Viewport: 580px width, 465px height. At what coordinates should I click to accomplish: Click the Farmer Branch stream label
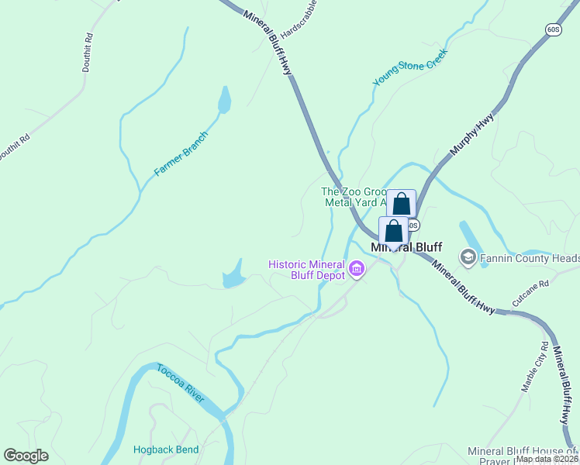point(181,153)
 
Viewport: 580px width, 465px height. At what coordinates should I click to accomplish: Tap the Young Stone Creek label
point(410,67)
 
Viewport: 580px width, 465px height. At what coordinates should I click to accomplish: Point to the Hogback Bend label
point(166,449)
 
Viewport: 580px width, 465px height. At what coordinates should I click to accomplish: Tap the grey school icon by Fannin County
point(468,257)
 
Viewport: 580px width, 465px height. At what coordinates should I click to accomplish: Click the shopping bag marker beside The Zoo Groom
point(401,204)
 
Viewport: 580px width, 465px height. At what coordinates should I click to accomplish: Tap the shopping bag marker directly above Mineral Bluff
point(394,231)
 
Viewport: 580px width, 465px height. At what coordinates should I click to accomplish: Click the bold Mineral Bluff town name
point(406,247)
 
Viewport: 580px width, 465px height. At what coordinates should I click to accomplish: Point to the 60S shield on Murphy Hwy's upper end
point(552,29)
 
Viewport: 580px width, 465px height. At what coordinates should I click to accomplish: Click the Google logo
point(26,456)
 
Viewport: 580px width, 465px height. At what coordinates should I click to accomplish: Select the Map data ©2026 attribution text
point(546,459)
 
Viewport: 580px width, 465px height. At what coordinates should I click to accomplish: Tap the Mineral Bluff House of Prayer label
point(523,456)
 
